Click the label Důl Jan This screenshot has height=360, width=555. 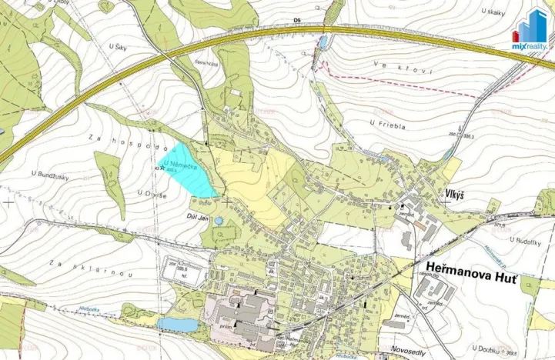pyautogui.click(x=201, y=218)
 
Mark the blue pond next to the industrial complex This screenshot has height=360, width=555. pyautogui.click(x=176, y=324)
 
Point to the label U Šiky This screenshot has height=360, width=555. pyautogui.click(x=119, y=48)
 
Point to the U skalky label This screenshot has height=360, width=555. pyautogui.click(x=492, y=12)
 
